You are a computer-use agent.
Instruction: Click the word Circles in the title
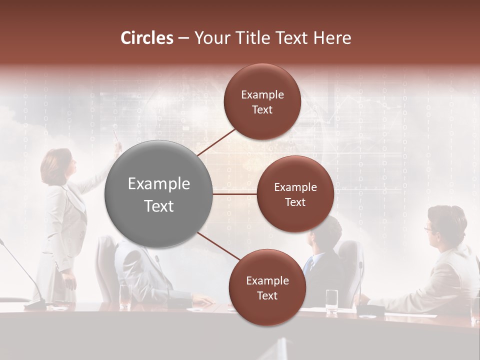point(147,38)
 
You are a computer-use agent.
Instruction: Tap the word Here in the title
point(332,38)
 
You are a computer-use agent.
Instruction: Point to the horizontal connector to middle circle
point(234,194)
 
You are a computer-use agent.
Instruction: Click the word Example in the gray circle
point(159,184)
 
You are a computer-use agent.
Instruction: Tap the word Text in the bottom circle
point(267,295)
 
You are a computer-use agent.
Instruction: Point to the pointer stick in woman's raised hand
point(116,135)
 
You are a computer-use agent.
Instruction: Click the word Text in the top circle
point(262,109)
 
